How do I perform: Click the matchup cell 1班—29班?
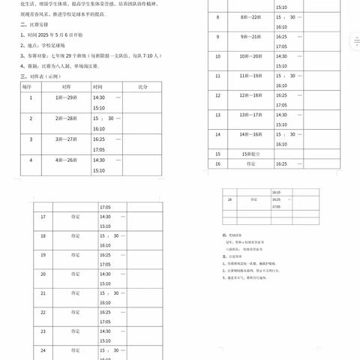[x=66, y=98]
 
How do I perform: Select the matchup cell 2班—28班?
[x=66, y=119]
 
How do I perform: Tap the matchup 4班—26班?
[x=66, y=160]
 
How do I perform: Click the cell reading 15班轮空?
[x=248, y=153]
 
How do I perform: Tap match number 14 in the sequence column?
[x=217, y=134]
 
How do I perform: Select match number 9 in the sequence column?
[x=217, y=36]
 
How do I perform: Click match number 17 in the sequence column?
[x=43, y=217]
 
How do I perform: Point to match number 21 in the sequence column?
[x=43, y=293]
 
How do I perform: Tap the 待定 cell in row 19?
[x=75, y=255]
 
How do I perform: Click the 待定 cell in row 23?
[x=75, y=331]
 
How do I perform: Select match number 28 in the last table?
[x=230, y=200]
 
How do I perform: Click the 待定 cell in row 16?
[x=248, y=163]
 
